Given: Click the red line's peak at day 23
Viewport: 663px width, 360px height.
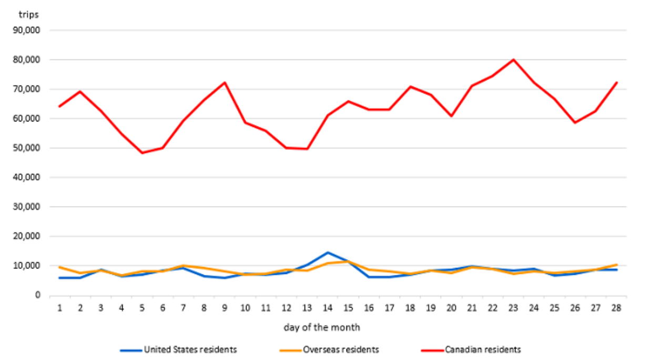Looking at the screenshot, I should tap(513, 59).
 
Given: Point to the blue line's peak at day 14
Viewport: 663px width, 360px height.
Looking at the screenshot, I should tap(328, 253).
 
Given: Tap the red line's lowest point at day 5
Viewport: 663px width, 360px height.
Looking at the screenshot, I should tap(142, 153).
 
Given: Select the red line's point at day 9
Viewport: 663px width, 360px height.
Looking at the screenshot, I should tap(225, 83).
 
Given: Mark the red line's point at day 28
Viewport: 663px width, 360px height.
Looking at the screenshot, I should tap(616, 83).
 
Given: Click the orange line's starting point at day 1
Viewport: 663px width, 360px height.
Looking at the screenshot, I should tap(60, 267).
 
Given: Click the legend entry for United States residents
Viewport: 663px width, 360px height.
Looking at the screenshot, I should tap(190, 349).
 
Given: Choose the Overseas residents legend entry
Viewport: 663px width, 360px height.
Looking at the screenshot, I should tap(340, 349).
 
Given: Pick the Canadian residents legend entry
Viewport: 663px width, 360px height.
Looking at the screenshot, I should tap(483, 349).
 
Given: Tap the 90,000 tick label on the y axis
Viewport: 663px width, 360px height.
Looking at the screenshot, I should tap(30, 30).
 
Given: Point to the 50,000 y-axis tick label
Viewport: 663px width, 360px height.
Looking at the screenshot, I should tap(30, 148).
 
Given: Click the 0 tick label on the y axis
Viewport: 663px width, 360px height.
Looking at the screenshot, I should tap(38, 295).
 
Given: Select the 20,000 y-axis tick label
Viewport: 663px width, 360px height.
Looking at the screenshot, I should tap(30, 236).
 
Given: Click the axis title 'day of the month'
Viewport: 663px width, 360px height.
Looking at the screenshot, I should tap(322, 327).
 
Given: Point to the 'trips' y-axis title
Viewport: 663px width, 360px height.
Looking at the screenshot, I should tap(28, 15).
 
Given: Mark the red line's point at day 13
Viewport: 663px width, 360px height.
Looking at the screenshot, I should tap(307, 149).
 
